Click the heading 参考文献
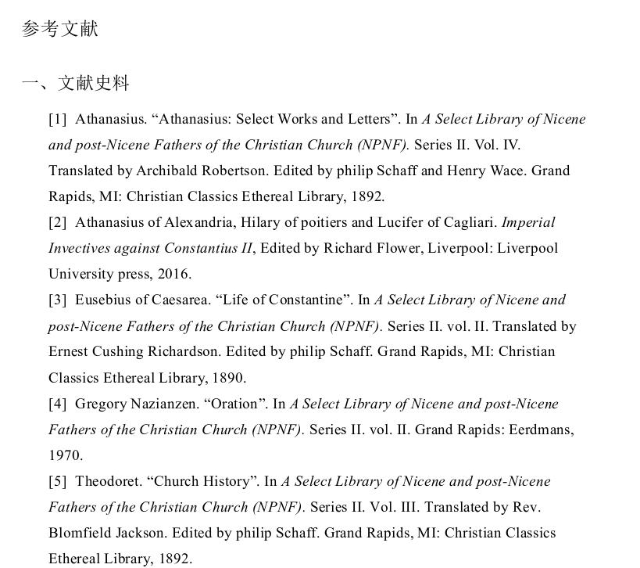(60, 29)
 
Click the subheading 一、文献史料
(76, 83)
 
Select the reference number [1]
(58, 119)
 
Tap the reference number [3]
(58, 300)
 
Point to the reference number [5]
(58, 481)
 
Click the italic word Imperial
(528, 222)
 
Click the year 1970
(65, 455)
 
